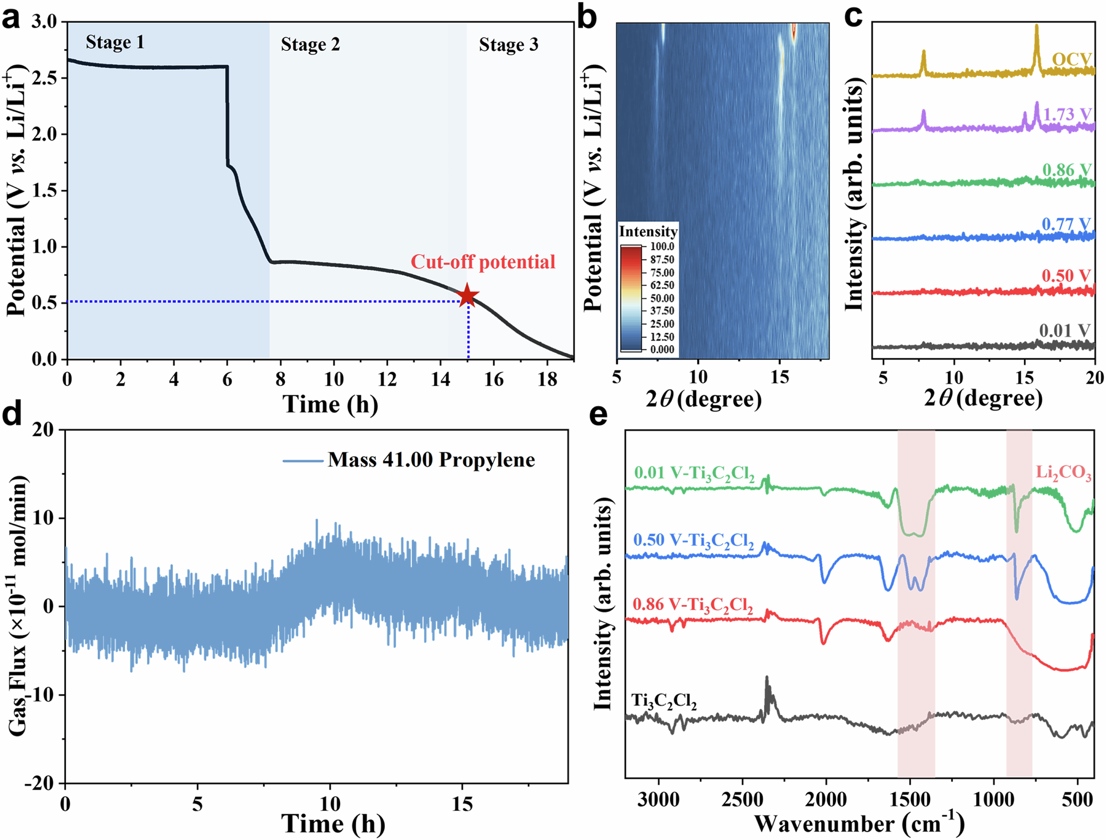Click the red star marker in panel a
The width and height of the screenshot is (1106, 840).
coord(468,295)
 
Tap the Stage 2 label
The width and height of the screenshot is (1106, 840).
coord(310,44)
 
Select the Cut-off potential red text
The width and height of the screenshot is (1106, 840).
coord(483,262)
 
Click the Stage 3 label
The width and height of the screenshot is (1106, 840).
coord(508,44)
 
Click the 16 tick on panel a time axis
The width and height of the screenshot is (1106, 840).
coord(494,379)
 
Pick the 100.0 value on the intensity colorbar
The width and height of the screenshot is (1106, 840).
coord(662,247)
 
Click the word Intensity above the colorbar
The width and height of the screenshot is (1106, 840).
coord(648,231)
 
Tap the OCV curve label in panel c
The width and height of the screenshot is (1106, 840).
coord(1071,59)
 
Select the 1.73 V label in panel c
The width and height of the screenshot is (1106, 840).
coord(1067,114)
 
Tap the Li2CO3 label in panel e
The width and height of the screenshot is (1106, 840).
coord(1063,473)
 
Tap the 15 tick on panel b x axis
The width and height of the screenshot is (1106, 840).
coord(780,378)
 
